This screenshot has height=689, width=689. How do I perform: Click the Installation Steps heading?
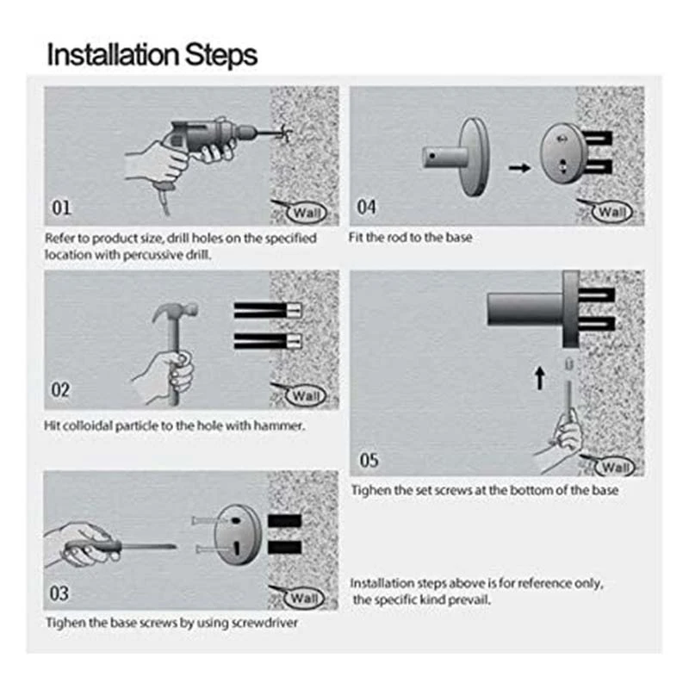(152, 54)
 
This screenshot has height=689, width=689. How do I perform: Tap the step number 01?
(61, 208)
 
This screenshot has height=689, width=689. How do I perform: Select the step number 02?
(61, 390)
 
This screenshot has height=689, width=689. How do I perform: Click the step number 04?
(367, 207)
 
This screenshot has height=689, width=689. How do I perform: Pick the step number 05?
(369, 460)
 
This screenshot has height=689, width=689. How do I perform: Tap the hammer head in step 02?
(176, 312)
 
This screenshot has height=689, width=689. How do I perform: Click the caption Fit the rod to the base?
(411, 237)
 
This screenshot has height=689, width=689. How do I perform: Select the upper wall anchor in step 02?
(267, 309)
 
